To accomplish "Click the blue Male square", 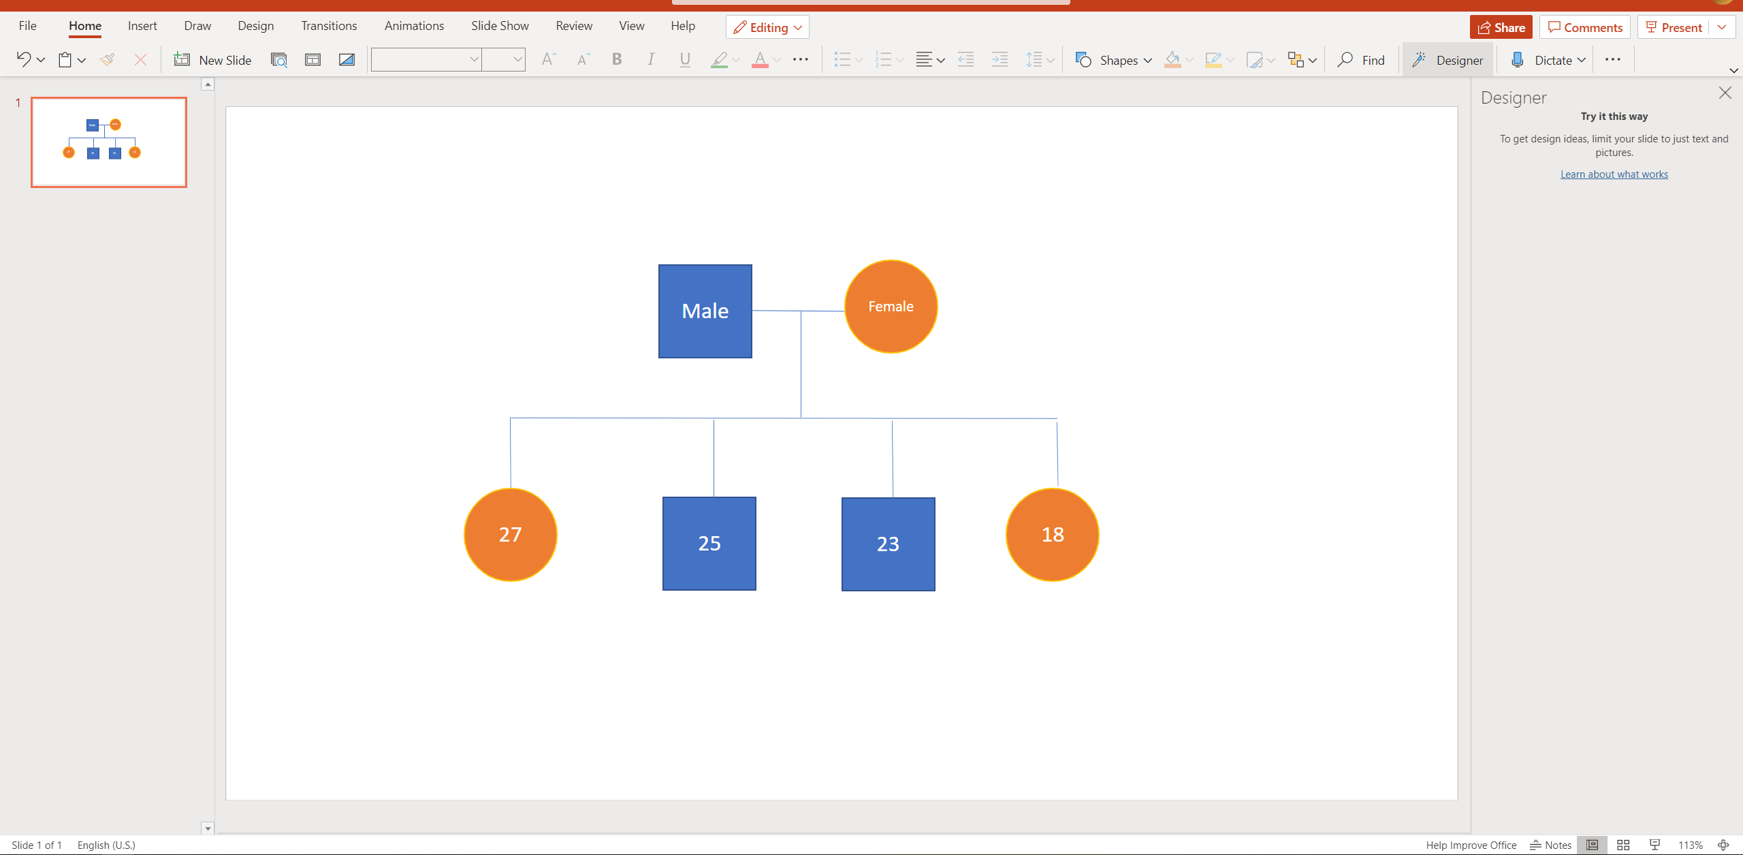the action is tap(705, 311).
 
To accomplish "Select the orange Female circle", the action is tap(891, 307).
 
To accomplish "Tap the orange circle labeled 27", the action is tap(511, 535).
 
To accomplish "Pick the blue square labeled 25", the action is tap(709, 544).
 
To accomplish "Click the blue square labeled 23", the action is tap(888, 544).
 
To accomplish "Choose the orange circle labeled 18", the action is tap(1053, 535).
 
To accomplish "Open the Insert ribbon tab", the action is tap(142, 26).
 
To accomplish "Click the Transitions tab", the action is tap(329, 26).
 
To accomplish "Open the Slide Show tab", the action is tap(500, 26).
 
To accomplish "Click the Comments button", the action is tap(1584, 27).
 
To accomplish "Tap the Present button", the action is tap(1673, 27).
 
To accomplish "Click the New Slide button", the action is tap(212, 60).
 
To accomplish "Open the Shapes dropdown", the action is tap(1113, 60).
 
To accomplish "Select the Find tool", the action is tap(1360, 60).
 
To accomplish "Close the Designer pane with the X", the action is tap(1725, 93).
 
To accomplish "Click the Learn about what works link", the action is tap(1614, 174).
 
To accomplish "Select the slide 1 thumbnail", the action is tap(109, 142).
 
